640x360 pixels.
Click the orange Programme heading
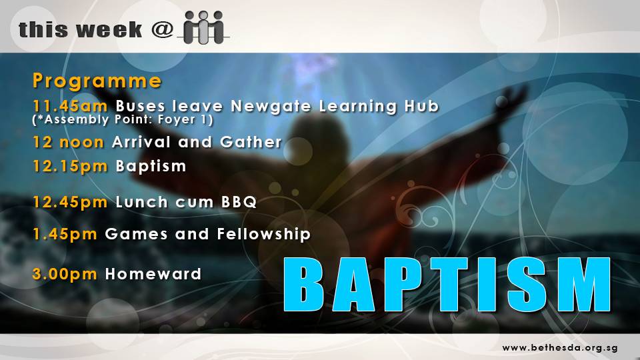tap(97, 81)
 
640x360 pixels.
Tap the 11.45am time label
tap(70, 106)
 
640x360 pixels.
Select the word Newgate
tap(271, 106)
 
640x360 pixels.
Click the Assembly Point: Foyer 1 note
tap(123, 119)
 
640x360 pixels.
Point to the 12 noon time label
tap(68, 143)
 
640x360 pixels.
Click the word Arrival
tap(141, 142)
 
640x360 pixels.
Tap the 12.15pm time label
tap(70, 167)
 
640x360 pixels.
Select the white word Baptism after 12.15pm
tap(151, 166)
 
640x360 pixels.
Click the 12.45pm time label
tap(70, 202)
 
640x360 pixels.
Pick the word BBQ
tap(239, 202)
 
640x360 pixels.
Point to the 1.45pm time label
tap(65, 234)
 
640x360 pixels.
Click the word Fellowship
tap(264, 234)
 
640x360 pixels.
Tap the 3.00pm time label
tap(65, 274)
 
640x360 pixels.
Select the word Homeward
tap(153, 274)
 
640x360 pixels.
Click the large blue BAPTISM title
tap(447, 285)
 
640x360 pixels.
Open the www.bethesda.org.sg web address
tap(560, 348)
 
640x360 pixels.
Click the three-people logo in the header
tap(203, 27)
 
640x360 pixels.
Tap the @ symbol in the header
tap(163, 29)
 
